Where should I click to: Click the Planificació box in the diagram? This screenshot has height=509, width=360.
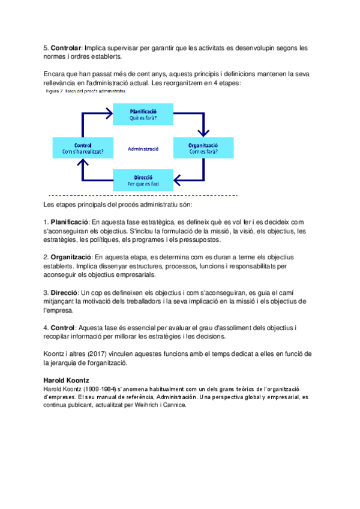coord(143,115)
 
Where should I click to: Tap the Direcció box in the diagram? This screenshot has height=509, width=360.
coord(143,179)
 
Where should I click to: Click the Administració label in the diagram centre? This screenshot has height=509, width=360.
coord(143,148)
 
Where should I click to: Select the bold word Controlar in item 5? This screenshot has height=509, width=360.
coord(66,47)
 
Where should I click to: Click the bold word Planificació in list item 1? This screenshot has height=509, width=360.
coord(71,221)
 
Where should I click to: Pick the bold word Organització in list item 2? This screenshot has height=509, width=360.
coord(72,257)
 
